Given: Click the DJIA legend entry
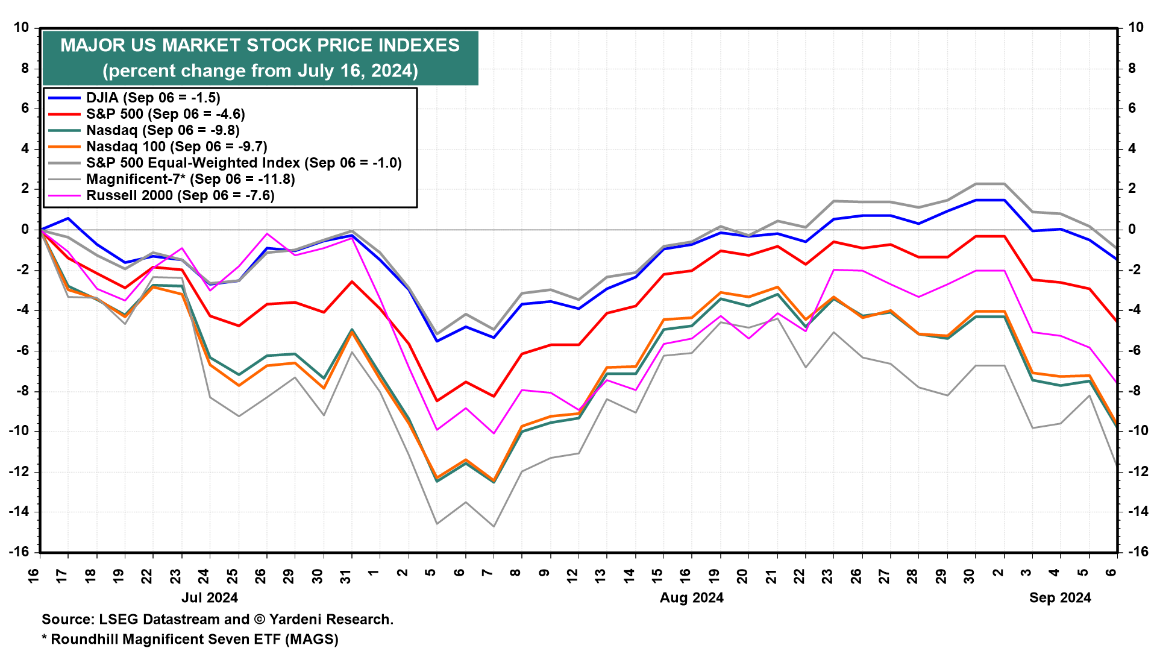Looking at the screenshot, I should click(153, 98).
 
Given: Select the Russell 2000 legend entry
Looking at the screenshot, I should click(180, 195).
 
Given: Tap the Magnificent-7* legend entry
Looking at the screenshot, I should click(190, 179).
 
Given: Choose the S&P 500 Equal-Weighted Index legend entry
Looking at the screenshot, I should click(243, 163).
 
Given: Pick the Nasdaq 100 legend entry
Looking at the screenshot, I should click(177, 146).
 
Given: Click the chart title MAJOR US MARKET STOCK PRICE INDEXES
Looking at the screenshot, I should click(260, 45).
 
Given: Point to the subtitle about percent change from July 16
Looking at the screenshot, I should click(260, 71).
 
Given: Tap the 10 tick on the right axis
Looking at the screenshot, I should click(1135, 28).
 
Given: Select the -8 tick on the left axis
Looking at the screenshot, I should click(21, 391).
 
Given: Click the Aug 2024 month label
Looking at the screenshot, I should click(691, 598).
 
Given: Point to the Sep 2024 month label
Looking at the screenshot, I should click(1060, 598).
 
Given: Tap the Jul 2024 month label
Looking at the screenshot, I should click(210, 598).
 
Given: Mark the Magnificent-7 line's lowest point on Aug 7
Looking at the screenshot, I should click(494, 526).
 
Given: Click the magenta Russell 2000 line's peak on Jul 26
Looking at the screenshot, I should click(267, 234).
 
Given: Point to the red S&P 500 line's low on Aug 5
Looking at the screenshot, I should click(437, 401).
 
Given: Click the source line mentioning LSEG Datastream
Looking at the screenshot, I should click(218, 619).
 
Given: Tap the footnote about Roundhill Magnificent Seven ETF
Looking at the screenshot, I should click(190, 639).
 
